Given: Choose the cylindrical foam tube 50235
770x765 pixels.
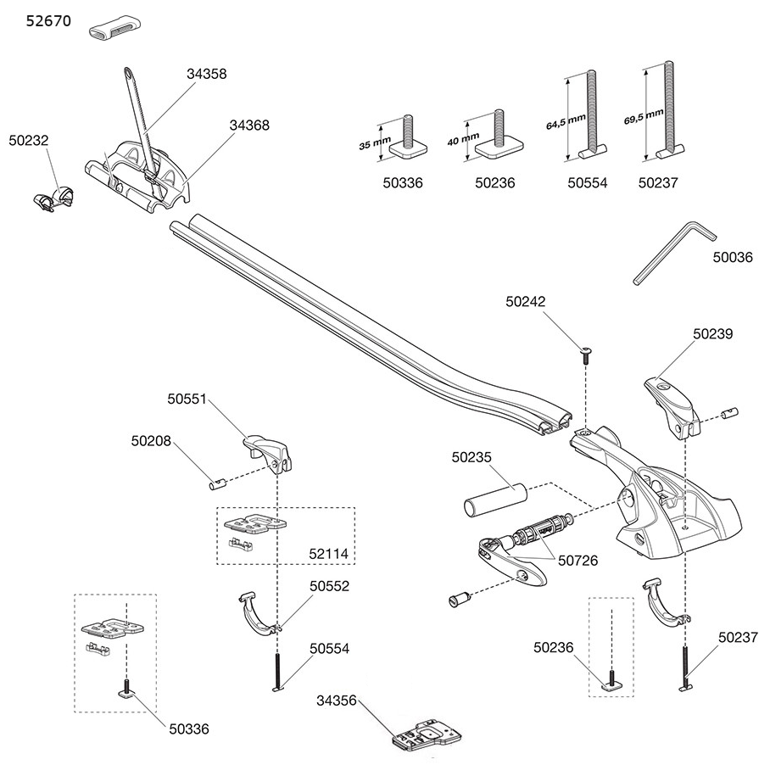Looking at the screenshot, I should click(x=492, y=500).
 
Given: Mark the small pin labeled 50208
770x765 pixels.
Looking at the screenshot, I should click(x=215, y=485).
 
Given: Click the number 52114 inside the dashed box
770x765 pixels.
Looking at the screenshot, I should click(x=329, y=554).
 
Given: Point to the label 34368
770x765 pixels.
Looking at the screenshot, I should click(x=249, y=125).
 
